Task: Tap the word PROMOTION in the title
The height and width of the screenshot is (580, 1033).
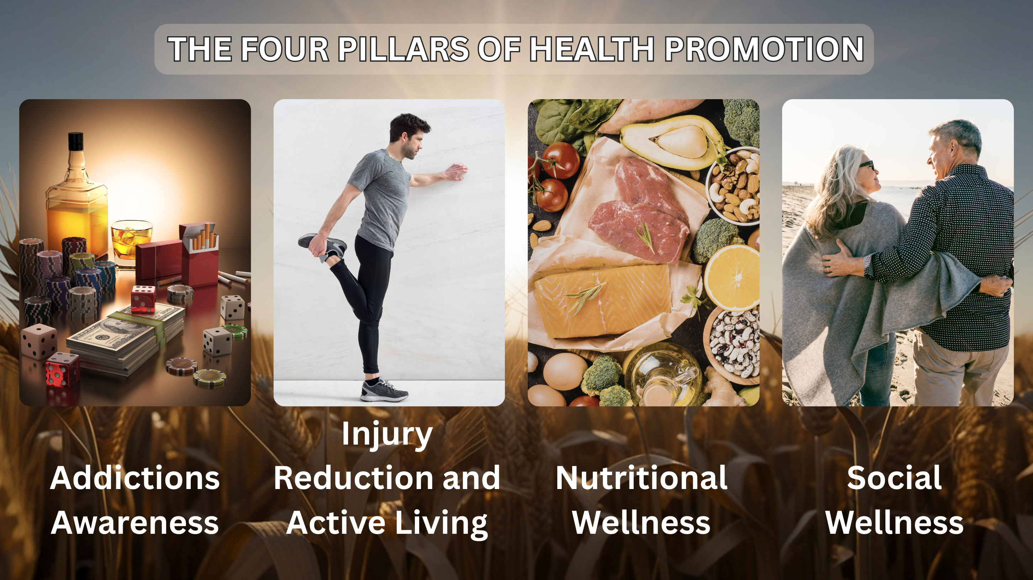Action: click(x=764, y=49)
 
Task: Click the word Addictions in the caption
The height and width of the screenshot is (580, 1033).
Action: click(x=135, y=478)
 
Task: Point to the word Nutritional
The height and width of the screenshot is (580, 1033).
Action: click(x=642, y=478)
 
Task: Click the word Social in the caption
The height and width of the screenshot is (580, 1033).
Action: click(x=894, y=478)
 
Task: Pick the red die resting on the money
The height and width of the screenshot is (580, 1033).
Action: click(x=143, y=299)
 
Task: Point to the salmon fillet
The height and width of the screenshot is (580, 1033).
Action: click(x=601, y=300)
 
